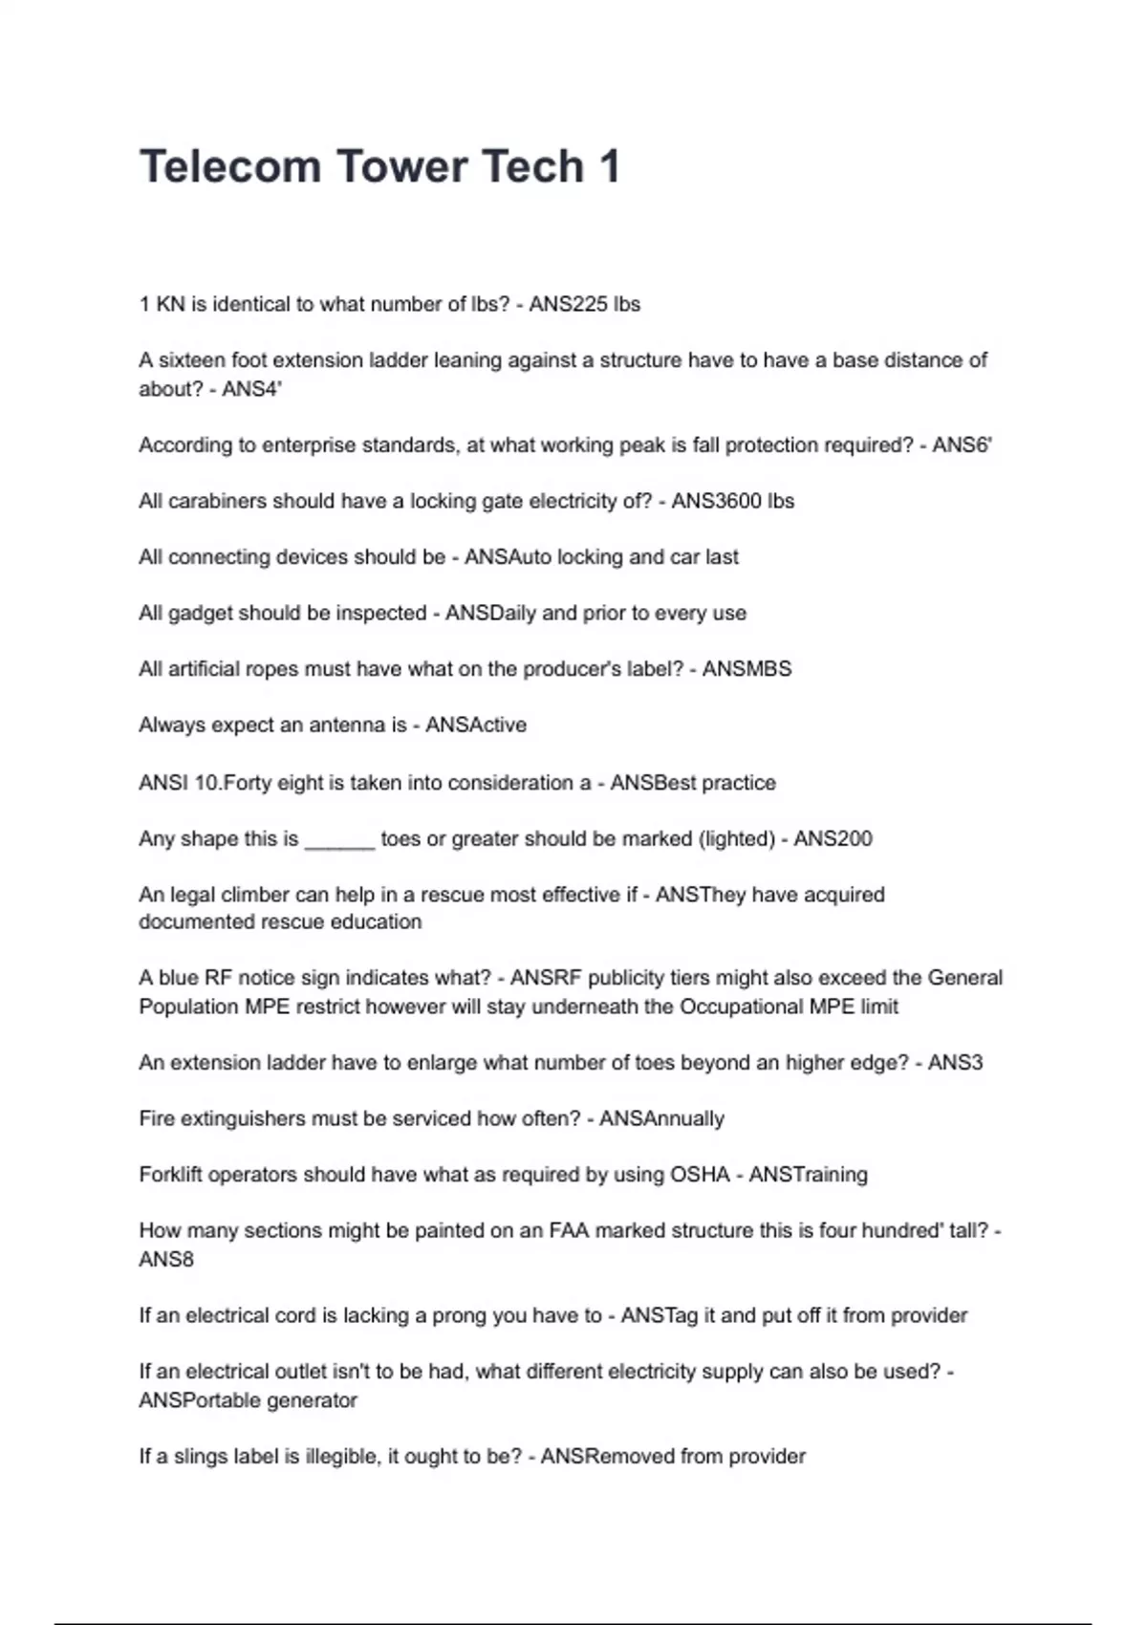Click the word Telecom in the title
tap(229, 166)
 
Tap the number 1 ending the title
tap(609, 166)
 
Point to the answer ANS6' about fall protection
tap(962, 444)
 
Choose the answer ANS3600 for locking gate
tap(716, 501)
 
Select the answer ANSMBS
tap(747, 669)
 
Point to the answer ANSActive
tap(476, 725)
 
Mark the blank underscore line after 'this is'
tap(339, 841)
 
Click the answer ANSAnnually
tap(661, 1118)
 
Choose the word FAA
tap(571, 1230)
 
